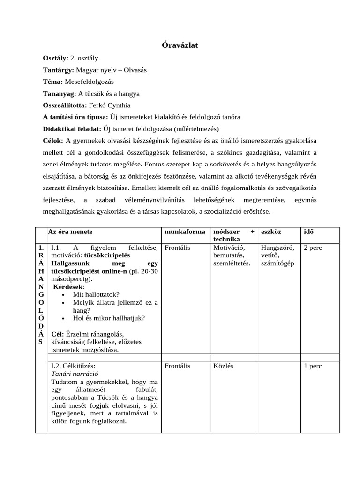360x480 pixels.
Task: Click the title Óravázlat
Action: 180,45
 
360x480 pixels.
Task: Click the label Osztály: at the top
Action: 56,58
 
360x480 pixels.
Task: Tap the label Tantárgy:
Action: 59,70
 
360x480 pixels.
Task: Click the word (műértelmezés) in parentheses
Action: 196,129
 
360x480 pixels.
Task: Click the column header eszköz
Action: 271,232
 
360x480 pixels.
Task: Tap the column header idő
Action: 309,232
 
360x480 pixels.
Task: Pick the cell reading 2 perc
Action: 313,247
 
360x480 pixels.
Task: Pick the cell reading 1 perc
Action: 313,366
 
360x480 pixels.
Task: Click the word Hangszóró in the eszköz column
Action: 277,247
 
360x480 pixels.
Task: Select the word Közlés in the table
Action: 223,366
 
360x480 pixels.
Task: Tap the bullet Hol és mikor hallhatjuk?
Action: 109,318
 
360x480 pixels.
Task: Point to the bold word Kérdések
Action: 68,286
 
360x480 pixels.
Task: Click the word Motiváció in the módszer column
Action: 229,247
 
